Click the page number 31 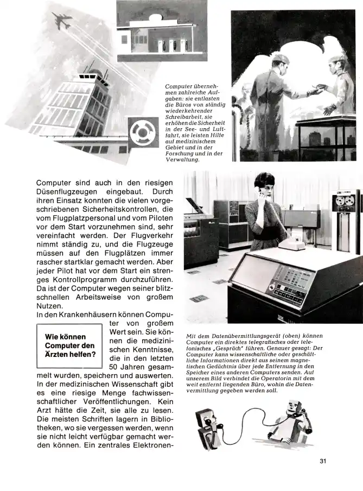(322, 462)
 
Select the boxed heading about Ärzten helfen (69, 345)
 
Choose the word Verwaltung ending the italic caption (183, 160)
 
